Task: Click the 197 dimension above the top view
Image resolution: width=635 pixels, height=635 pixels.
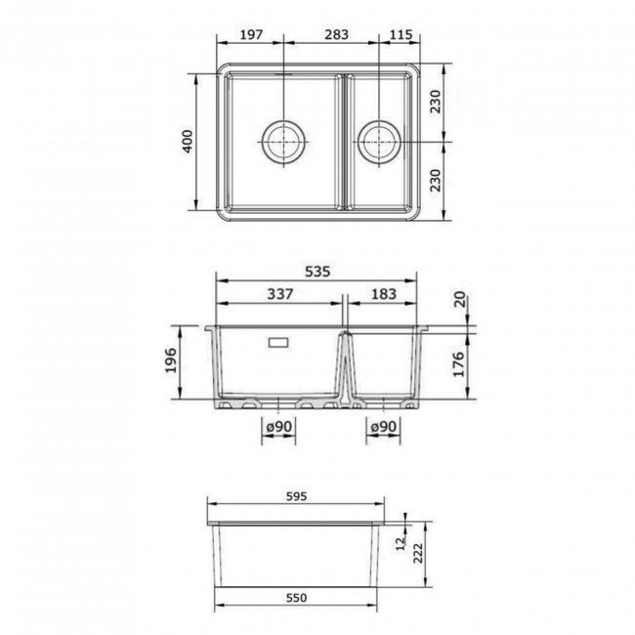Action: tap(251, 34)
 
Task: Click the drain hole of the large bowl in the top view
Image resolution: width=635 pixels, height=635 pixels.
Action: tap(284, 142)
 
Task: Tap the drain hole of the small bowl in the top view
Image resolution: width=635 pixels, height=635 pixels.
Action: tap(379, 142)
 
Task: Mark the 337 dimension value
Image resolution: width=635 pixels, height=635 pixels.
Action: tap(278, 294)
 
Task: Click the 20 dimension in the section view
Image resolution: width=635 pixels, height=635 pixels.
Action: tap(460, 299)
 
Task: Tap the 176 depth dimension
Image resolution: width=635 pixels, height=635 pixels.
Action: tap(460, 363)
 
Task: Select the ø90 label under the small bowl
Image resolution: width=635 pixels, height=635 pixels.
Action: tap(383, 427)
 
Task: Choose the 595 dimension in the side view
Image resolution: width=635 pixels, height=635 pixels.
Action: tap(298, 496)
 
